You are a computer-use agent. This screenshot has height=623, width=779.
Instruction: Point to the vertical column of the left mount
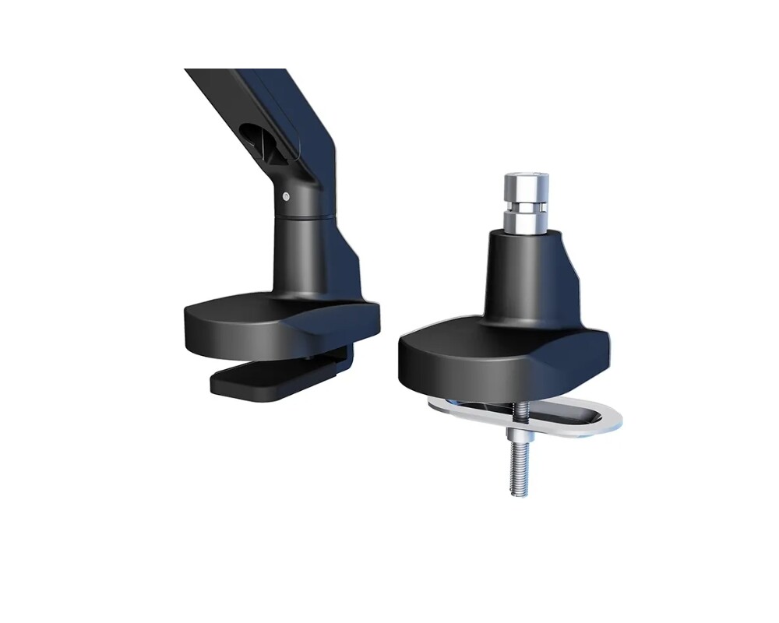[300, 249]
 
